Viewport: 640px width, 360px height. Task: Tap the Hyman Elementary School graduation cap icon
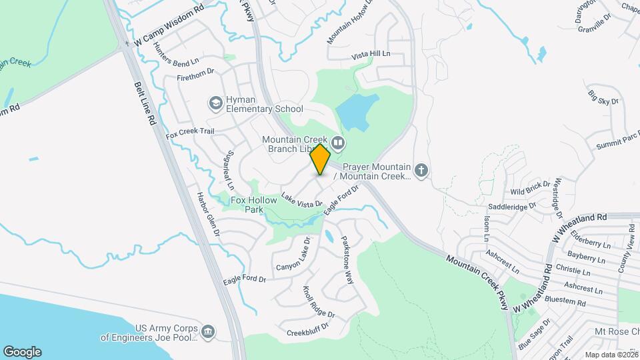click(215, 103)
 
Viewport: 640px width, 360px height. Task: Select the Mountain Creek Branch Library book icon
click(339, 142)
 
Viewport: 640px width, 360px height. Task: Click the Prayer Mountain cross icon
click(421, 171)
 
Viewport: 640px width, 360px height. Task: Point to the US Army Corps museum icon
click(208, 332)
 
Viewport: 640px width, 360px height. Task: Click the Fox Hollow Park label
click(248, 205)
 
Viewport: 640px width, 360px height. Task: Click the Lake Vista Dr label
click(301, 199)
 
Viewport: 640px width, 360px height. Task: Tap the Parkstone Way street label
click(347, 261)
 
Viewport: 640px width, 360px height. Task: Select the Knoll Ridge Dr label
click(319, 301)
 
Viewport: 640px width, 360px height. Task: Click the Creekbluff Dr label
click(309, 331)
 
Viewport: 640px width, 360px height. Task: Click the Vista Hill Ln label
click(370, 53)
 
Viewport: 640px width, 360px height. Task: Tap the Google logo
click(22, 351)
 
